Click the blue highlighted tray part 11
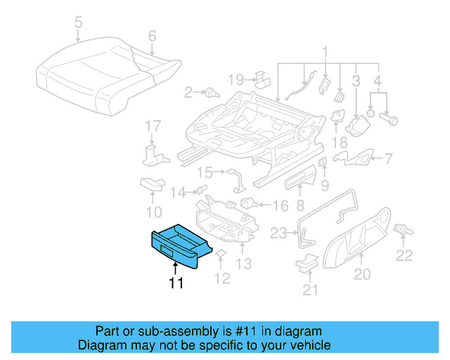click(179, 246)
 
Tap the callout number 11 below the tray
click(175, 283)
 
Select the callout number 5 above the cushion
click(78, 22)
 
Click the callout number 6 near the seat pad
click(151, 36)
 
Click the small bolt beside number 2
click(211, 92)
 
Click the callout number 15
click(204, 172)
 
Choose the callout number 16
click(280, 206)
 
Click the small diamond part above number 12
click(220, 254)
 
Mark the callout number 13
click(243, 264)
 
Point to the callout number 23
click(279, 233)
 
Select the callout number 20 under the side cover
click(361, 275)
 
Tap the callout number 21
click(310, 289)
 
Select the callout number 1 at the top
click(325, 51)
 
